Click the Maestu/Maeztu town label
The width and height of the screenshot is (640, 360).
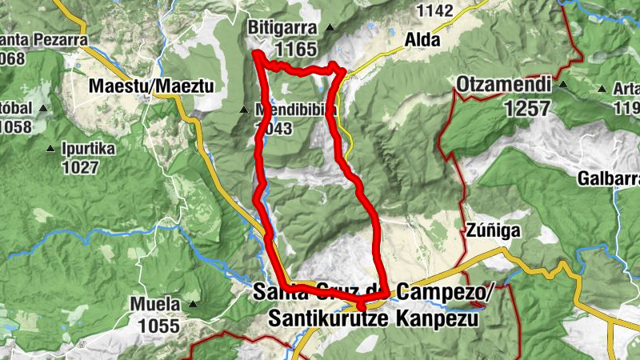[146, 85]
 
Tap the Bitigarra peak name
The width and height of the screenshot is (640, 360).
[284, 27]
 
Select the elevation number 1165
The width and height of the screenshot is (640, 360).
[295, 49]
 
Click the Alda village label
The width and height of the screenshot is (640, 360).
[422, 38]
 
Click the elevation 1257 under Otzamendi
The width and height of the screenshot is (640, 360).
[528, 108]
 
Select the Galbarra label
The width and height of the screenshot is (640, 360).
[611, 178]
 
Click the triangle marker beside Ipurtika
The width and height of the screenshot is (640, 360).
[51, 148]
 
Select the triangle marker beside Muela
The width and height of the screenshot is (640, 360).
[193, 304]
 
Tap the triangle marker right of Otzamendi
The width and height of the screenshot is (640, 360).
[563, 84]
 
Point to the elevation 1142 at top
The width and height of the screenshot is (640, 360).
[435, 10]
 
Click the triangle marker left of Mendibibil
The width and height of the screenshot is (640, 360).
[245, 110]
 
